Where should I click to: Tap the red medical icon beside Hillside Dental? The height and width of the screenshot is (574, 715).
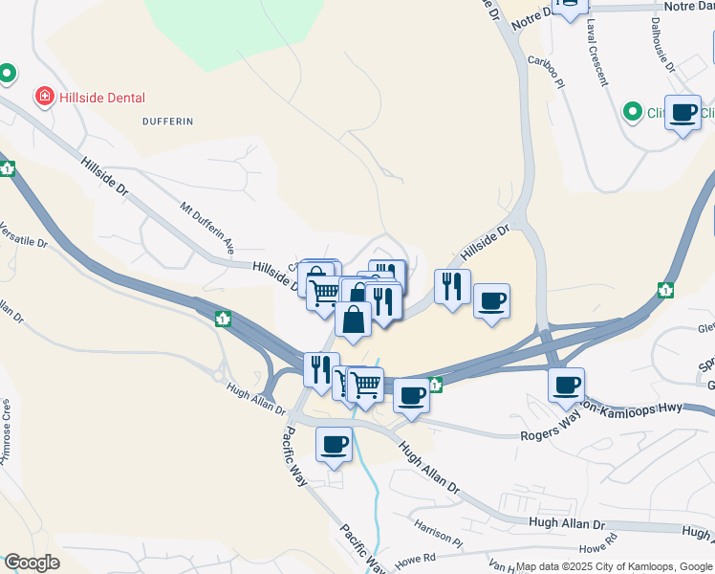click(x=43, y=97)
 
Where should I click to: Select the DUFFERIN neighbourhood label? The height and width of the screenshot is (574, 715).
click(x=167, y=121)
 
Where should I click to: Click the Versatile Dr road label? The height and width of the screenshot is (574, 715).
click(x=23, y=236)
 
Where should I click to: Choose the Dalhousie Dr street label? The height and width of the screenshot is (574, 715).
click(x=662, y=45)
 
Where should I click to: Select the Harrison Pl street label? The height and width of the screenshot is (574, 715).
click(x=439, y=536)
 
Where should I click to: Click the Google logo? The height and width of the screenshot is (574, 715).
click(x=31, y=563)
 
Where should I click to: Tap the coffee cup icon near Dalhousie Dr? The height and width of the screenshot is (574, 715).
click(x=682, y=113)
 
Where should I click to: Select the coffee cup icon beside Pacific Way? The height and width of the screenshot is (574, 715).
click(x=334, y=444)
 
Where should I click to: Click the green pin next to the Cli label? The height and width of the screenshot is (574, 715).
click(x=631, y=112)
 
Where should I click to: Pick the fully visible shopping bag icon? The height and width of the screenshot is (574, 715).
click(x=353, y=319)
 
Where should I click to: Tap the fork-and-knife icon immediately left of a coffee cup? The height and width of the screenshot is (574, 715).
click(x=452, y=286)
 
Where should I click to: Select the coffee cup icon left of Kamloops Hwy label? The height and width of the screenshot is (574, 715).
click(x=566, y=385)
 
